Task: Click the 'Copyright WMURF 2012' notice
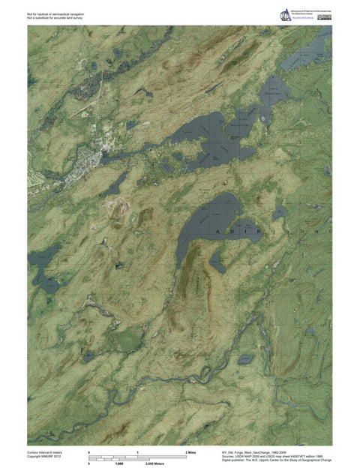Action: [43, 457]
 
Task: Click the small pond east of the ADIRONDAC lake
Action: [280, 214]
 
